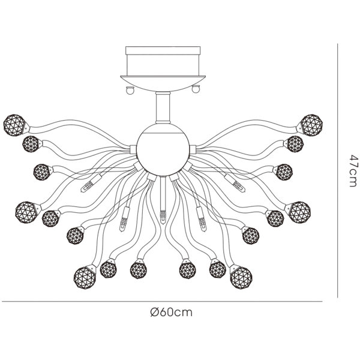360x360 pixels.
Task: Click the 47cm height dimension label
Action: coord(354,171)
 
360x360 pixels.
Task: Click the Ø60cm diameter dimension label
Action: coord(171,312)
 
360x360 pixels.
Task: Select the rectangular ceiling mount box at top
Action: coord(163,61)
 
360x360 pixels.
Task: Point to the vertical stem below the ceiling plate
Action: coord(163,107)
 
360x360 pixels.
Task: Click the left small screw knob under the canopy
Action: coord(130,89)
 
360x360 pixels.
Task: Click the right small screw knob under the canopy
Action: coord(196,89)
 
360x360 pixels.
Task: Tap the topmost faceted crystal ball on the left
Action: coord(14,125)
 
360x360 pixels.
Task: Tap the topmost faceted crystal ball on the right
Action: coord(311,125)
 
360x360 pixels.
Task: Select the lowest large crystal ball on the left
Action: coord(85,278)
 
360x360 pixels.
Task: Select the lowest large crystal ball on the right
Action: coord(241,278)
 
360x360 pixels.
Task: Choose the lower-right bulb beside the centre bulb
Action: coord(202,219)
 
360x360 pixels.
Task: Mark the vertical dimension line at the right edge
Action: coord(337,170)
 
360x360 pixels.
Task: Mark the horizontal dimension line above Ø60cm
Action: coord(163,301)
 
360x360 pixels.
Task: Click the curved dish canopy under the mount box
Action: coord(163,83)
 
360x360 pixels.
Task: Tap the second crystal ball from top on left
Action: coord(31,144)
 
